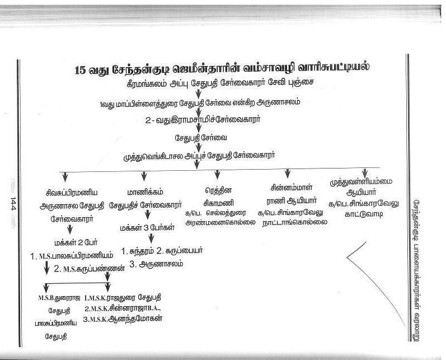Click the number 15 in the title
[82, 71]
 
